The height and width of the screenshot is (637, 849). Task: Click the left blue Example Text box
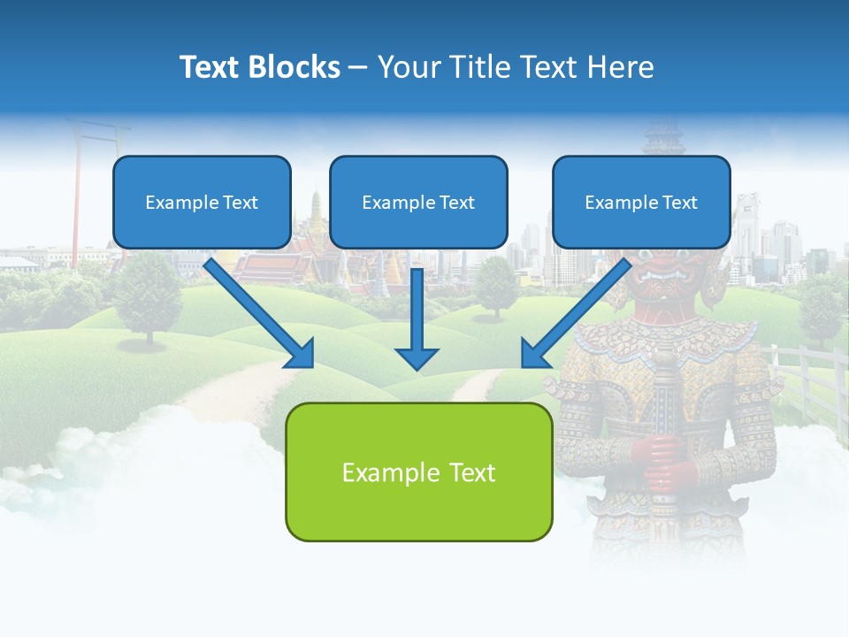(202, 203)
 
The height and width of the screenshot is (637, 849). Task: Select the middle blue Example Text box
(418, 203)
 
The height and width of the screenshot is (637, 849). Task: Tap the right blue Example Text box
(641, 203)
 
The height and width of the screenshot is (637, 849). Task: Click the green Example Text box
(418, 472)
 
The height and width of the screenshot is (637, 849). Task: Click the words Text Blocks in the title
(259, 67)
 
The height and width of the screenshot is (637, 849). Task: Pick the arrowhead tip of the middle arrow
(417, 366)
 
